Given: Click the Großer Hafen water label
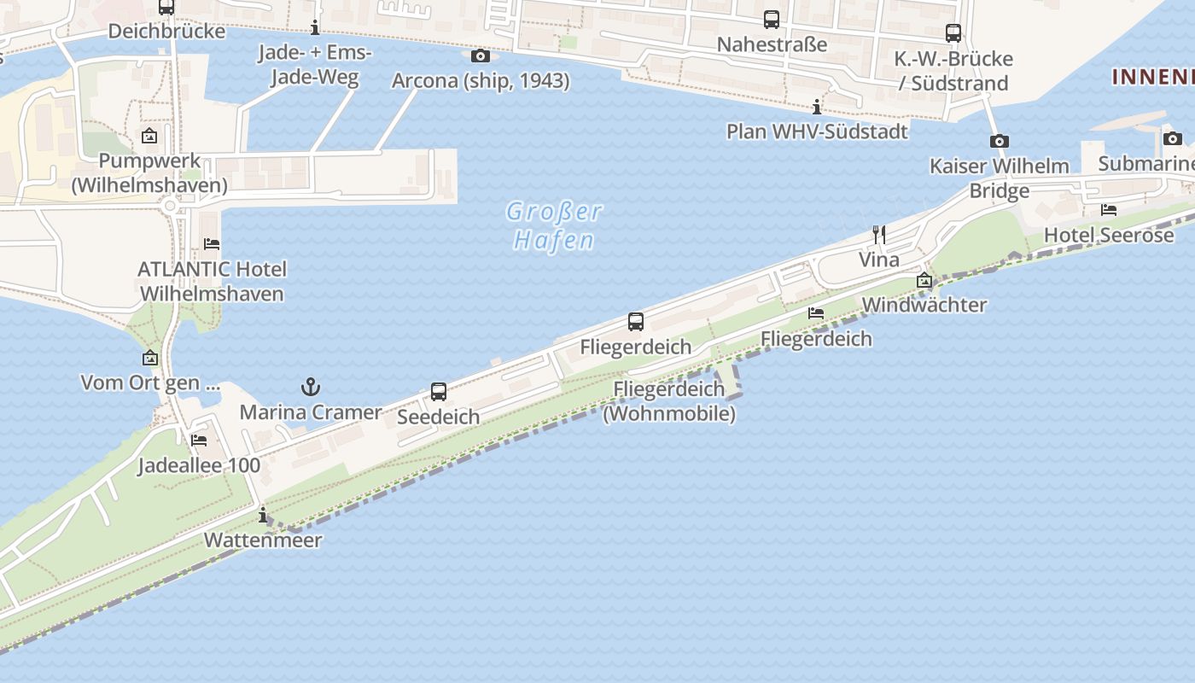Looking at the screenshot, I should pos(554,225).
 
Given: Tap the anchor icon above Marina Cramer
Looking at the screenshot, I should pos(311,388).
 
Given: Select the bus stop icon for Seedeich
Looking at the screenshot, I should pos(439,392).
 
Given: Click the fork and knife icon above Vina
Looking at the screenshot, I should pos(878,234).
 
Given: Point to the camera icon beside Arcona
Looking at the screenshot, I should pos(481,55).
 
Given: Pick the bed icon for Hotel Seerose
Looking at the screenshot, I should pos(1109,209).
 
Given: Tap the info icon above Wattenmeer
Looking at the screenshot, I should pos(263,515).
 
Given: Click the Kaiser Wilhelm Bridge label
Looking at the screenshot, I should pos(1000,178).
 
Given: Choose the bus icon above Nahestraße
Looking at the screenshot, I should pos(772,19).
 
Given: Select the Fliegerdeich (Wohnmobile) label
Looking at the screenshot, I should pos(669,401).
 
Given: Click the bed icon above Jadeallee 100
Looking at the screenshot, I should pos(199,441).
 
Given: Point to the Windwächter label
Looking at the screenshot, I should pos(924,305).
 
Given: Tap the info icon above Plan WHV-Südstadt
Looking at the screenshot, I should pos(817,107).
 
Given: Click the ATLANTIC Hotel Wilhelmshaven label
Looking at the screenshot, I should pos(212,281).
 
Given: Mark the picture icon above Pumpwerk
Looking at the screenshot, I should pos(149,136).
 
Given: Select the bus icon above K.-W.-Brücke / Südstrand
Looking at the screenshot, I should pos(953,33).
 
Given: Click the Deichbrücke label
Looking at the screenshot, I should pos(166,32).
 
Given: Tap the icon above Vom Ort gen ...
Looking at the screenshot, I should pos(150,358).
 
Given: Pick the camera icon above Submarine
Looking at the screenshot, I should pos(1173,138).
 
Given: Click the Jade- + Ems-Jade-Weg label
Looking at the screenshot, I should pos(315,65).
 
